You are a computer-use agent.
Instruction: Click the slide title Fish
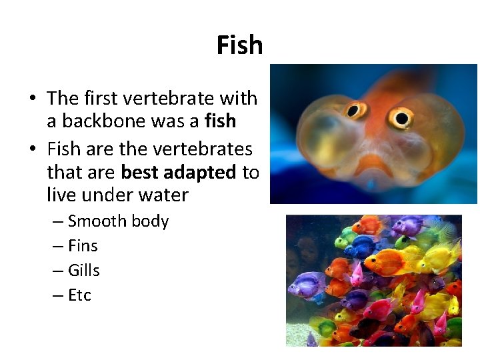pyautogui.click(x=239, y=45)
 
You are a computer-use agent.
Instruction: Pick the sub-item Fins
pyautogui.click(x=83, y=246)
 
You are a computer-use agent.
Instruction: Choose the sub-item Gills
pyautogui.click(x=83, y=271)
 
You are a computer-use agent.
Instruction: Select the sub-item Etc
pyautogui.click(x=79, y=295)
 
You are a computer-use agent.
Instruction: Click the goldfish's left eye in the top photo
pyautogui.click(x=354, y=110)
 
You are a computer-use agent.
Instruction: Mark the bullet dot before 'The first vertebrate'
pyautogui.click(x=32, y=99)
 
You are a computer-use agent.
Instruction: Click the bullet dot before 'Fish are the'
pyautogui.click(x=32, y=149)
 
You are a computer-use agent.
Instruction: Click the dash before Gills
pyautogui.click(x=57, y=271)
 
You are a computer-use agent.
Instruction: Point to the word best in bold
pyautogui.click(x=139, y=173)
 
